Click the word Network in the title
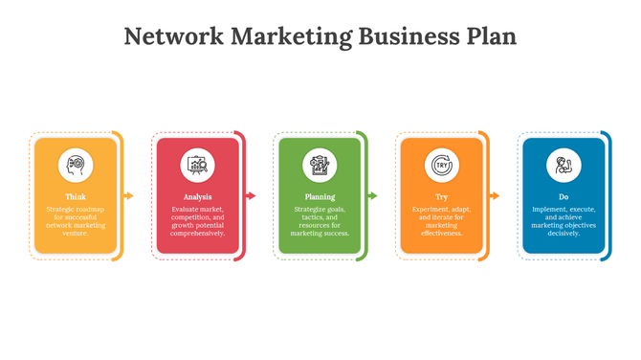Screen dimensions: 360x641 174,37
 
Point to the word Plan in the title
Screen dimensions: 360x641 489,37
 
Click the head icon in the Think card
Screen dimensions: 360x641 76,166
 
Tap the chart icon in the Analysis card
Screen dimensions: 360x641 198,166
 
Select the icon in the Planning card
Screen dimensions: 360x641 320,166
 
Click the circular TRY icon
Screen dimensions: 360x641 442,166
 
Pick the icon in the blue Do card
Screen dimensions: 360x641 564,166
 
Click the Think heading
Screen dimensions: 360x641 76,196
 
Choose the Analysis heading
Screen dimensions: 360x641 198,196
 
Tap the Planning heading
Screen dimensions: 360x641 320,196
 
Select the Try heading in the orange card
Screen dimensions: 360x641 442,196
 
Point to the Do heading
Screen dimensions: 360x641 564,196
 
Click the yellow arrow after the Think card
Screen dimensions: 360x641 129,196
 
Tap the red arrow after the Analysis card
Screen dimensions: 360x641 251,196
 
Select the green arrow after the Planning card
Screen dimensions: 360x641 373,196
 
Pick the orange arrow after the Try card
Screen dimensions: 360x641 495,196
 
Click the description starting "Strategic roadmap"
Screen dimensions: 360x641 76,220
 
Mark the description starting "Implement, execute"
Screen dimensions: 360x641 564,220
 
